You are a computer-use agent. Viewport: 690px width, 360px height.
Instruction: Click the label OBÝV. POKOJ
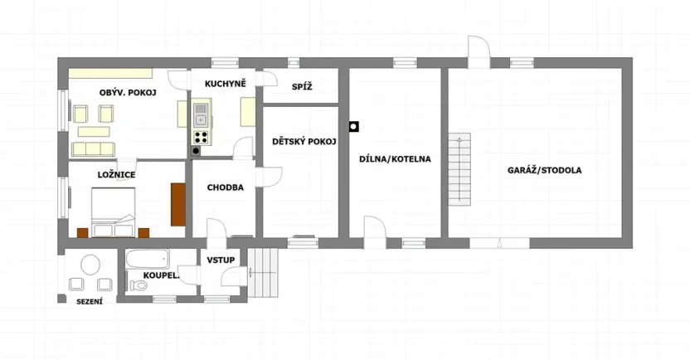click(x=128, y=92)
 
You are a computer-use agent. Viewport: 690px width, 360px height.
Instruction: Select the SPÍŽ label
click(x=301, y=87)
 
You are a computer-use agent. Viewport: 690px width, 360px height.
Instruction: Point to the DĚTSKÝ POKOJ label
click(x=304, y=142)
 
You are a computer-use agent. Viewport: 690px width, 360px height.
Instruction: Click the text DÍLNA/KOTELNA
click(x=394, y=159)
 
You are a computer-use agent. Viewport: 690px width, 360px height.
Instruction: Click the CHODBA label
click(x=225, y=187)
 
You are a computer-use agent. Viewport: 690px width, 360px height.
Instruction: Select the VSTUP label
click(x=221, y=260)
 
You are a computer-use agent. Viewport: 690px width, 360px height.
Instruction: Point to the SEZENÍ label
click(x=90, y=301)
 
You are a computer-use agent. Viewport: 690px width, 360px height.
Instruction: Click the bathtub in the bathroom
click(x=147, y=259)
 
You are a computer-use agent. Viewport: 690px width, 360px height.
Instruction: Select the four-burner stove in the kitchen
click(x=201, y=138)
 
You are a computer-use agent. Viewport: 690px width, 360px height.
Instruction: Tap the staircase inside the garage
click(x=459, y=170)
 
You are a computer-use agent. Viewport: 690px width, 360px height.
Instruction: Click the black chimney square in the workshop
click(x=354, y=127)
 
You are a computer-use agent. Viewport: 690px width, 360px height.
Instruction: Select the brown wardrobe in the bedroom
click(x=177, y=204)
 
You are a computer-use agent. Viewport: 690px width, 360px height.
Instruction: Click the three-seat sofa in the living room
click(x=92, y=148)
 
